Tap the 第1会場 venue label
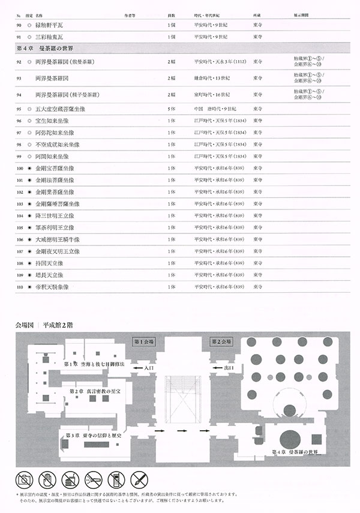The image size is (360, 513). click(144, 341)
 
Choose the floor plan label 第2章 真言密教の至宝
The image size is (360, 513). click(97, 391)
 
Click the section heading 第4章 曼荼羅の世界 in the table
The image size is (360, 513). click(49, 47)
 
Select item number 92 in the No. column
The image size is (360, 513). click(20, 62)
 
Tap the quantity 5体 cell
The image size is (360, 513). click(172, 109)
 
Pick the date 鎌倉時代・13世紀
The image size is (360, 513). click(213, 78)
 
